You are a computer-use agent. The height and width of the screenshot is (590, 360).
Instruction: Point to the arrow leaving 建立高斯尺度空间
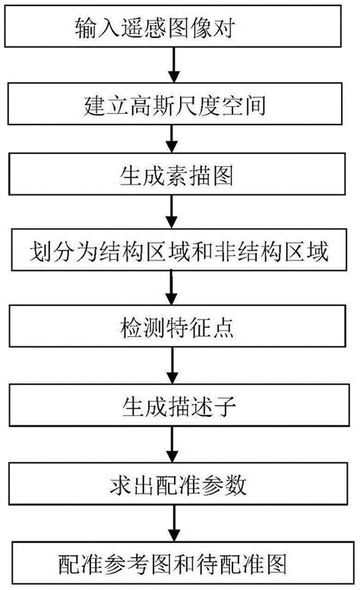[x=176, y=141]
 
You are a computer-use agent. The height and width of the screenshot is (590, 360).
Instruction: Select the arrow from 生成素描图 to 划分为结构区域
[x=176, y=214]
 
